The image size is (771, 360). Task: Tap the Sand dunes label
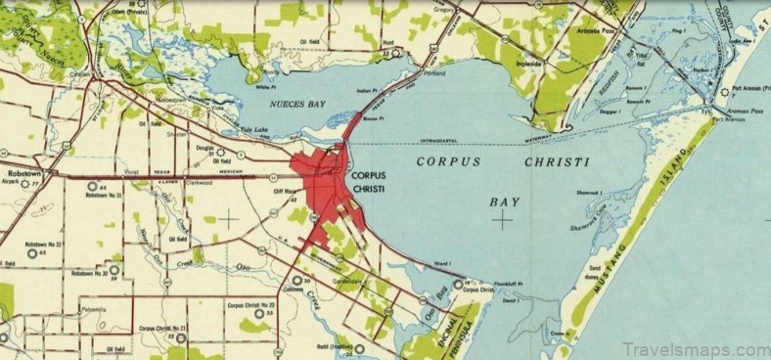point(594,271)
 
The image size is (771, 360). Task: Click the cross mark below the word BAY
point(503,220)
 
